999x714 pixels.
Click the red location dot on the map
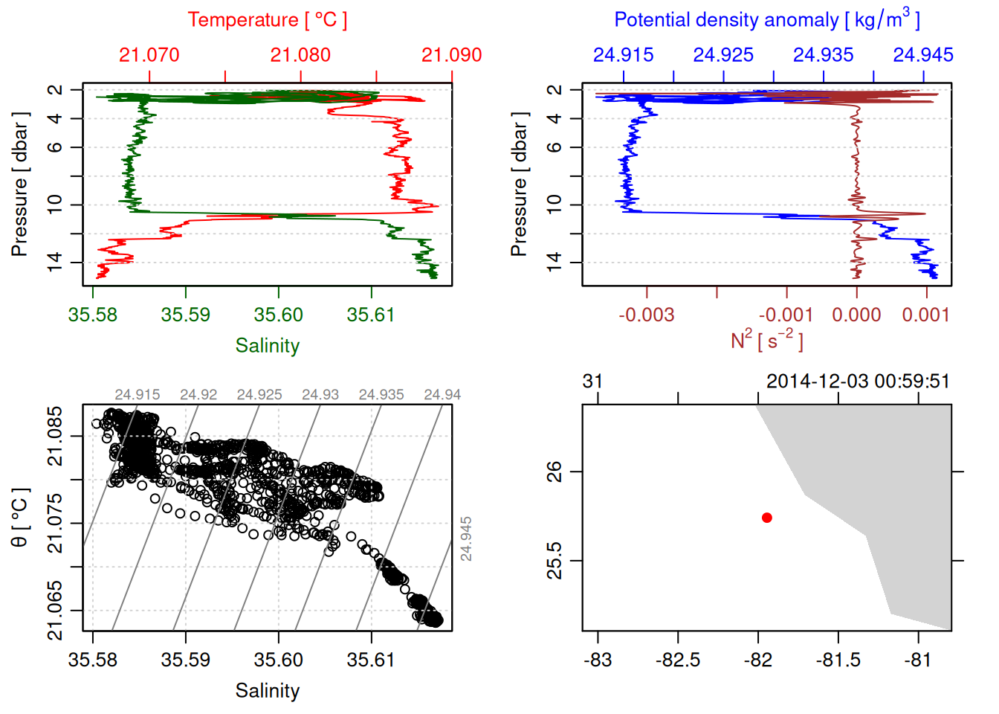click(x=767, y=518)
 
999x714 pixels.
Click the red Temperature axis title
click(x=267, y=20)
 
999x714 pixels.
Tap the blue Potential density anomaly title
click(x=766, y=20)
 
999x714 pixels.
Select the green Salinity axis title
click(x=267, y=346)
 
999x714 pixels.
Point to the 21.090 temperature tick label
click(x=451, y=55)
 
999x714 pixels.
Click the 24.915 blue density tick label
click(x=623, y=55)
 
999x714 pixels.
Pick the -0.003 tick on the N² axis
click(x=647, y=315)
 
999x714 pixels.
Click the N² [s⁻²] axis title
click(x=766, y=340)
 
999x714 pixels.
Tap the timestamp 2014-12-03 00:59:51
click(x=858, y=382)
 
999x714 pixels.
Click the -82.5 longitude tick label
click(x=678, y=660)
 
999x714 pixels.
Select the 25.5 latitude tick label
click(x=555, y=560)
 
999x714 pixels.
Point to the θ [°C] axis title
click(x=20, y=518)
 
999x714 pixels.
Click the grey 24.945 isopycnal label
click(x=466, y=538)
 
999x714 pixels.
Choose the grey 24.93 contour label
click(x=320, y=395)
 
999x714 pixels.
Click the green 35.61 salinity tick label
click(x=371, y=315)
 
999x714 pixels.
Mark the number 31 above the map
click(x=592, y=382)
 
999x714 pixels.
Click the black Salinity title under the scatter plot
click(x=267, y=691)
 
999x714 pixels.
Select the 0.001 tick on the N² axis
click(x=926, y=315)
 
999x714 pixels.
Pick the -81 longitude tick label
click(x=919, y=660)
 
